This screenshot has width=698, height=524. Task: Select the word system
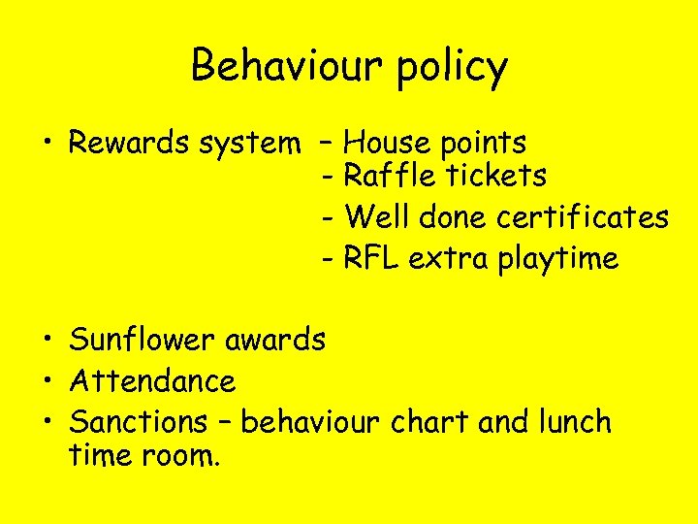(248, 145)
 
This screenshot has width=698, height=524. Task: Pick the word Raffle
(394, 176)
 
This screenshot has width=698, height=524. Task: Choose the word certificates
(582, 217)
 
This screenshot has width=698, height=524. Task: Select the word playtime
(557, 260)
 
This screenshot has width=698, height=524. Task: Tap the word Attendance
(153, 380)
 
